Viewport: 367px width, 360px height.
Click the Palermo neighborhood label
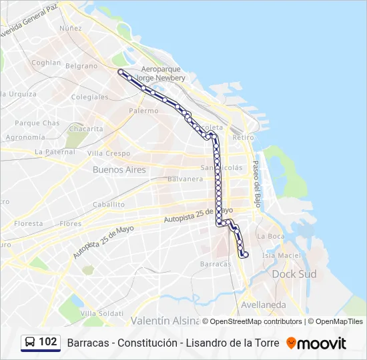143,111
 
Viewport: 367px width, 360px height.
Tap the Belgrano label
81,66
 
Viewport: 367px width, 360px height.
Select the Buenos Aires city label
119,170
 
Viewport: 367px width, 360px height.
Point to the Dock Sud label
294,274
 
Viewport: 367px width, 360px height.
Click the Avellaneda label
263,305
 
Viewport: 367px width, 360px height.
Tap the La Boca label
270,236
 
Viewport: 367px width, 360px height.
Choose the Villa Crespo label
109,153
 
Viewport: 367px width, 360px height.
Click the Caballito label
109,205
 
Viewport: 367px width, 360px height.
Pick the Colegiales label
89,97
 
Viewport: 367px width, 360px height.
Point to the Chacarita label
86,129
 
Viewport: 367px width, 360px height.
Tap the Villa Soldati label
101,313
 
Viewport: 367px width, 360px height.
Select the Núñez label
70,29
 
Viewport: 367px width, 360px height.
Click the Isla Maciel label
281,255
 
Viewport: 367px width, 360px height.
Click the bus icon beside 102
30,343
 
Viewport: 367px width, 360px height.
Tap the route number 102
48,342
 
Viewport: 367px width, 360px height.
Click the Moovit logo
316,343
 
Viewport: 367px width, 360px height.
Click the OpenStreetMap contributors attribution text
256,321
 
